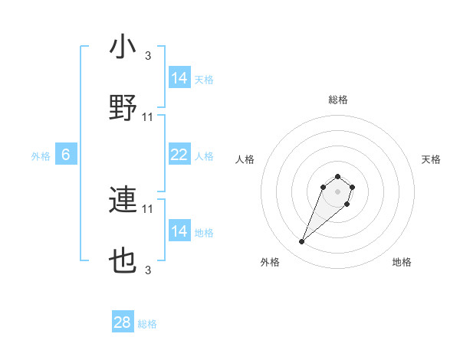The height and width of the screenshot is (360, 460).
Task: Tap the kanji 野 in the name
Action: (x=123, y=109)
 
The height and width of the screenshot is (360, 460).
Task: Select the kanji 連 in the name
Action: (x=123, y=201)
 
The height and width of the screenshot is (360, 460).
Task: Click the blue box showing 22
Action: (x=179, y=155)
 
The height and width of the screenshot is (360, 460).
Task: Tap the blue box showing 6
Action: (x=66, y=155)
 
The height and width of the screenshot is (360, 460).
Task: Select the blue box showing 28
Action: (x=123, y=322)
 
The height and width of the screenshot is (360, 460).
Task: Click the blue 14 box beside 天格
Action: (x=179, y=78)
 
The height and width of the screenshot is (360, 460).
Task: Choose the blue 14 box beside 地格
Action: (x=179, y=231)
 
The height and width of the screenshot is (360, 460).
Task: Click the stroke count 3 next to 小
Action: (x=148, y=55)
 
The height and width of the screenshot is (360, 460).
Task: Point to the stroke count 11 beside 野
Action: (x=148, y=117)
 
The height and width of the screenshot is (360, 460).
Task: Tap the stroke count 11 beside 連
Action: (x=148, y=208)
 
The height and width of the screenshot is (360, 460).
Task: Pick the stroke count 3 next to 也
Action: (x=148, y=270)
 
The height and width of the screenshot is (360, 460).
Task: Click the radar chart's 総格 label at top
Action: (x=338, y=100)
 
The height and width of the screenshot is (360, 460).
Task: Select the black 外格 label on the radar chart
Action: (x=270, y=262)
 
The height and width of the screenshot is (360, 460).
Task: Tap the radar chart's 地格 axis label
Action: (x=402, y=262)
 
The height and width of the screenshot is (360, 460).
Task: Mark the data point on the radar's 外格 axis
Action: (x=301, y=242)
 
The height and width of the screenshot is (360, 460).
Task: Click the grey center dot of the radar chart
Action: (x=337, y=191)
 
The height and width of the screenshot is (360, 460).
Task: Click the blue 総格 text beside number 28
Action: (x=147, y=324)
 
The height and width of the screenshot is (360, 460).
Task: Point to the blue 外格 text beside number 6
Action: (x=41, y=156)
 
